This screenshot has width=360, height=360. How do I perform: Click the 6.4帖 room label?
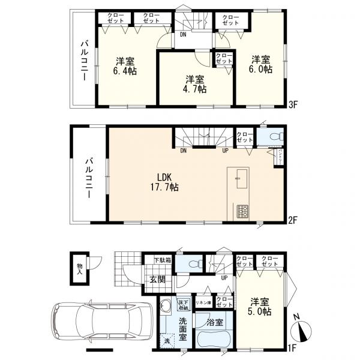click(125, 65)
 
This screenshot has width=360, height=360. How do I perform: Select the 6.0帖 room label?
click(262, 64)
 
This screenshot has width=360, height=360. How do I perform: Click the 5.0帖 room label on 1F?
click(259, 306)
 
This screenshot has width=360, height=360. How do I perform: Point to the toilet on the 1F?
click(192, 264)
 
